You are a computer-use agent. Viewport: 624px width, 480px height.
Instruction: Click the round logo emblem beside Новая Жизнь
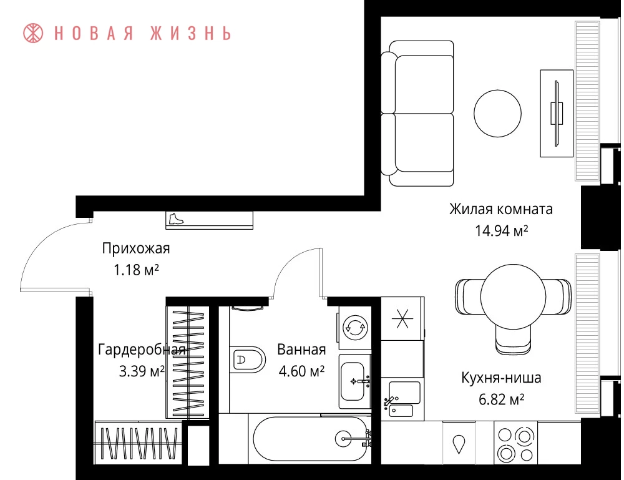pyautogui.click(x=34, y=33)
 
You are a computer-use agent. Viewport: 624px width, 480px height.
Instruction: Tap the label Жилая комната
pyautogui.click(x=501, y=209)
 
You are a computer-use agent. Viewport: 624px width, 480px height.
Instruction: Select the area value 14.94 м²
pyautogui.click(x=502, y=230)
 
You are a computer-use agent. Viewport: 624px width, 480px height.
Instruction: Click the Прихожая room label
pyautogui.click(x=136, y=249)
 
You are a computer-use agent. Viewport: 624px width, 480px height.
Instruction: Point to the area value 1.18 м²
pyautogui.click(x=136, y=270)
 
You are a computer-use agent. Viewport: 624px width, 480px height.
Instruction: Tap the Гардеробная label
pyautogui.click(x=142, y=350)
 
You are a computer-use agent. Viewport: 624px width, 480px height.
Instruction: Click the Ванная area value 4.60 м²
pyautogui.click(x=301, y=371)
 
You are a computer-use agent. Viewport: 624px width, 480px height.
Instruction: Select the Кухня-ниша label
pyautogui.click(x=502, y=378)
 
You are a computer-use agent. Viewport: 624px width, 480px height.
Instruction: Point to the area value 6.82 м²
pyautogui.click(x=502, y=399)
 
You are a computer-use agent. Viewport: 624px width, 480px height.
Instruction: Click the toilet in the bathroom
pyautogui.click(x=247, y=360)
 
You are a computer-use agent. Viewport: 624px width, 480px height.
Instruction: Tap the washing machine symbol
pyautogui.click(x=355, y=328)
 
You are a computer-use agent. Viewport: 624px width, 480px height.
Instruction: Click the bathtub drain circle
pyautogui.click(x=343, y=439)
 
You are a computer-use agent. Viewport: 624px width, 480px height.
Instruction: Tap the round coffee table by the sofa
pyautogui.click(x=497, y=113)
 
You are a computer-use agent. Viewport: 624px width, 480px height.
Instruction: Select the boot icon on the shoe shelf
pyautogui.click(x=175, y=219)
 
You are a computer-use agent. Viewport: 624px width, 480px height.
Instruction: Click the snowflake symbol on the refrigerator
pyautogui.click(x=402, y=318)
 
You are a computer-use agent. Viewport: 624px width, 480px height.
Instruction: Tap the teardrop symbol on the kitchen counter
pyautogui.click(x=459, y=444)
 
